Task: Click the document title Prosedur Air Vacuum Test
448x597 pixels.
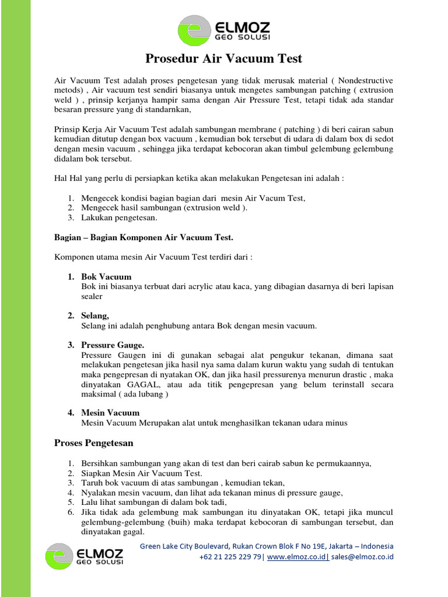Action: coord(223,58)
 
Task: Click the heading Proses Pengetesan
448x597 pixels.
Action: coord(94,443)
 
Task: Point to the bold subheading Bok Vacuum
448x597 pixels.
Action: coord(106,276)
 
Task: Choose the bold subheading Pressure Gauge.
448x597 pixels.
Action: coord(113,345)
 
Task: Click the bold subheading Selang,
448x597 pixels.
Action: coord(95,315)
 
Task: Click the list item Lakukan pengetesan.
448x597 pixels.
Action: coord(119,218)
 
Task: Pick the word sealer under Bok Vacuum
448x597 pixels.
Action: coord(92,296)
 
